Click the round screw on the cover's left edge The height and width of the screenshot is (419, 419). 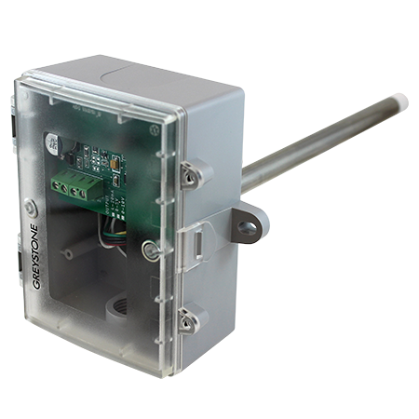(32, 209)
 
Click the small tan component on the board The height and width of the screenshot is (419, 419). (111, 161)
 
